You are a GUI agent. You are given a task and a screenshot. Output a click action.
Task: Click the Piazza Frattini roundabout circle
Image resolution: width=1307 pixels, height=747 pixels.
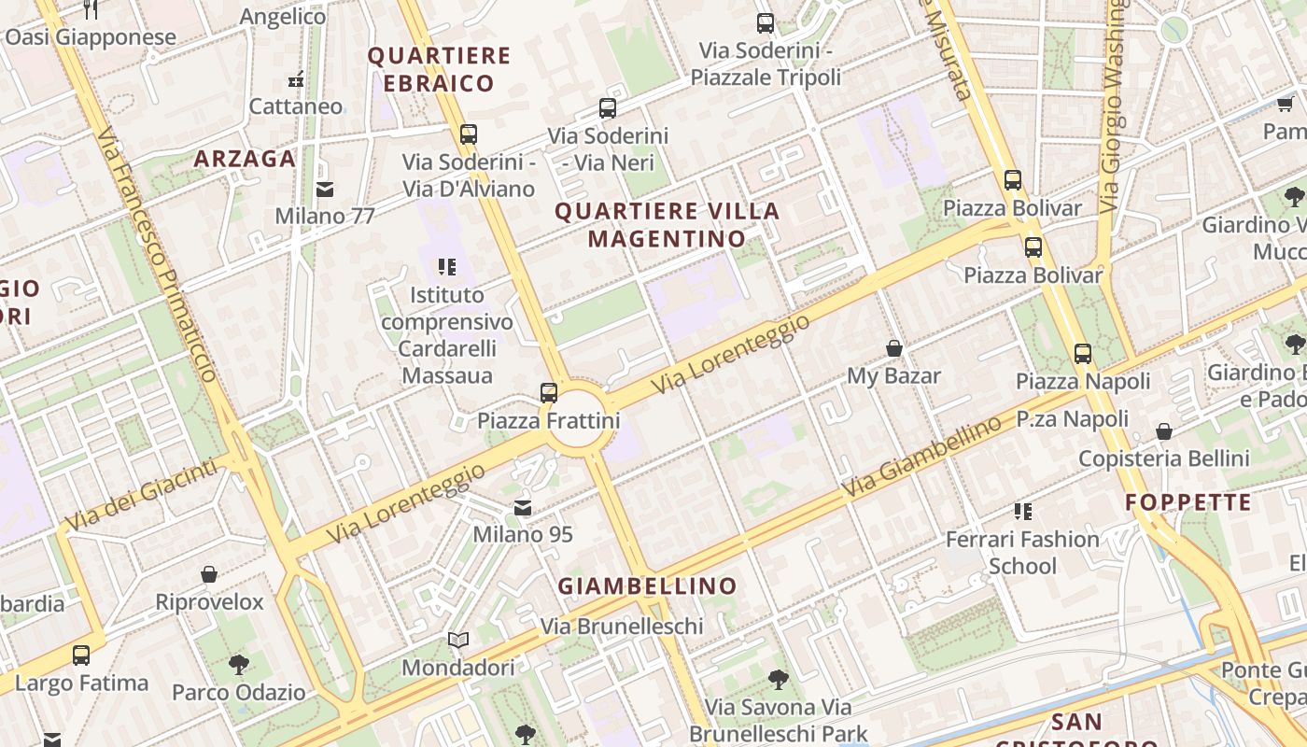point(581,421)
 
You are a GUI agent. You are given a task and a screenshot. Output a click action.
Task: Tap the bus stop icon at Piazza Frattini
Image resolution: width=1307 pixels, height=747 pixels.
point(549,392)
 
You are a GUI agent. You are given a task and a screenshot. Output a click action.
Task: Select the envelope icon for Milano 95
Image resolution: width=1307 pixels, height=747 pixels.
point(523,508)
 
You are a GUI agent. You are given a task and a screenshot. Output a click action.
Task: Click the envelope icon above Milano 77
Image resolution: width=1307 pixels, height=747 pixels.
point(325,190)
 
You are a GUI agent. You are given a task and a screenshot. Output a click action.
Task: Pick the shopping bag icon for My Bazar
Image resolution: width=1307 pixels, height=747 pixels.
point(893,349)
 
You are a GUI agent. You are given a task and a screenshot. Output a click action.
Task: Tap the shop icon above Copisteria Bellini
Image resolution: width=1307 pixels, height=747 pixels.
point(1163,431)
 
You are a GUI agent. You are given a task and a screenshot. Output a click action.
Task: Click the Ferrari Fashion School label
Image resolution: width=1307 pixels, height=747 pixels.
point(1022,552)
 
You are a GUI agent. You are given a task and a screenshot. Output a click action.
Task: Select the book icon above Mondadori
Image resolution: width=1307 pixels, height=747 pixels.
point(457,641)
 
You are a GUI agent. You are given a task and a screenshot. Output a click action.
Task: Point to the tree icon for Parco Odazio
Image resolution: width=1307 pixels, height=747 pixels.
point(238,665)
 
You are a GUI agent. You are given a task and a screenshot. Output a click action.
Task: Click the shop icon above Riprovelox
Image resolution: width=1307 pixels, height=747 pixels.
point(209,574)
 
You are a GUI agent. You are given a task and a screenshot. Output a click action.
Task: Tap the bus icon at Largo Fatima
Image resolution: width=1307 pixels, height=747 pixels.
point(81,655)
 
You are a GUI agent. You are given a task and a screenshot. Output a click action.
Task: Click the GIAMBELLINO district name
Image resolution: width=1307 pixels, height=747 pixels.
point(647,586)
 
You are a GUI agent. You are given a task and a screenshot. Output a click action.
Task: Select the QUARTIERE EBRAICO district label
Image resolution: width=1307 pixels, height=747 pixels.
point(439,69)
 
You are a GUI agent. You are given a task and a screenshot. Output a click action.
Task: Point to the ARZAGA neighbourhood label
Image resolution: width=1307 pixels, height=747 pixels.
point(245,159)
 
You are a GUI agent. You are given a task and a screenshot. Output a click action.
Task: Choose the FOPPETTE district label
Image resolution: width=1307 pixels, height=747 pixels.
point(1188,502)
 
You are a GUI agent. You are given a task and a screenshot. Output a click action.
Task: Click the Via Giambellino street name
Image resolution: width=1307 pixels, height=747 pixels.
point(920,458)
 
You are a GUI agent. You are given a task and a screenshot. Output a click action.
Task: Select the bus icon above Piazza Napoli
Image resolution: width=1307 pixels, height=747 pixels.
point(1083,354)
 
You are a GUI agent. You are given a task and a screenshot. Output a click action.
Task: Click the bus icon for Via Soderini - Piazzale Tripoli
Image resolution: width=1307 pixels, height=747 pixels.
point(766,23)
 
